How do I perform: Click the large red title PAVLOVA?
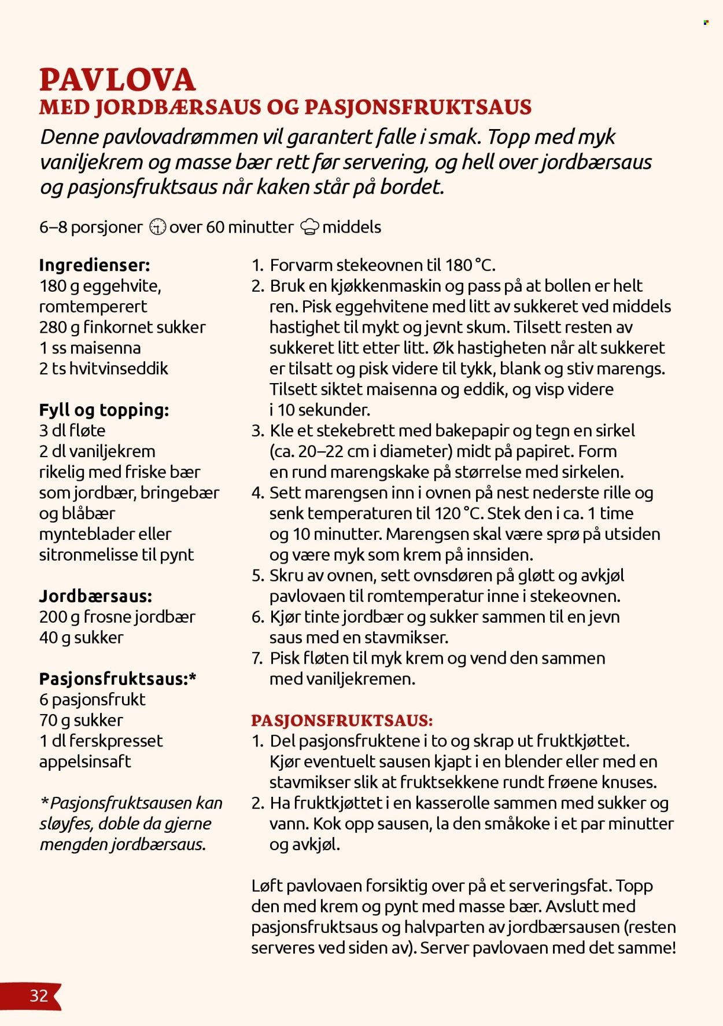click(x=117, y=80)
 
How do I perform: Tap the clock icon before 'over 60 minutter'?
click(x=157, y=227)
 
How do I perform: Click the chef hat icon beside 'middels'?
click(x=309, y=227)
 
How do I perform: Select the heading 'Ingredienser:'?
click(x=94, y=265)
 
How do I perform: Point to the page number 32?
click(x=39, y=995)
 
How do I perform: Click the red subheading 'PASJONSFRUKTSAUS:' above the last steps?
click(x=342, y=720)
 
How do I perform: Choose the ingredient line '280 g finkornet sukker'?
click(x=122, y=327)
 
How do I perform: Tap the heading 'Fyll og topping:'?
click(x=104, y=410)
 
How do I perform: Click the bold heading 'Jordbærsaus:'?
click(x=95, y=596)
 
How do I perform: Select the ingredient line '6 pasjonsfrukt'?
click(x=92, y=699)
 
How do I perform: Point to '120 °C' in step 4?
click(x=456, y=513)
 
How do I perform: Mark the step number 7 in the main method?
click(x=257, y=658)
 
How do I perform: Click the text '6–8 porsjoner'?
click(x=90, y=227)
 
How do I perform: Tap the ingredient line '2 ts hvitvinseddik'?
click(x=104, y=368)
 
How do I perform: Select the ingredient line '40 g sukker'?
click(x=81, y=637)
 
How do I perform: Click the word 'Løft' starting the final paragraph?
click(x=267, y=885)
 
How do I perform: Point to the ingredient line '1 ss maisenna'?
click(x=90, y=348)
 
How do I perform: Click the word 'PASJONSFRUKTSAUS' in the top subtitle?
click(x=418, y=107)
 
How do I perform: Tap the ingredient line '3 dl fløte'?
click(x=72, y=431)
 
